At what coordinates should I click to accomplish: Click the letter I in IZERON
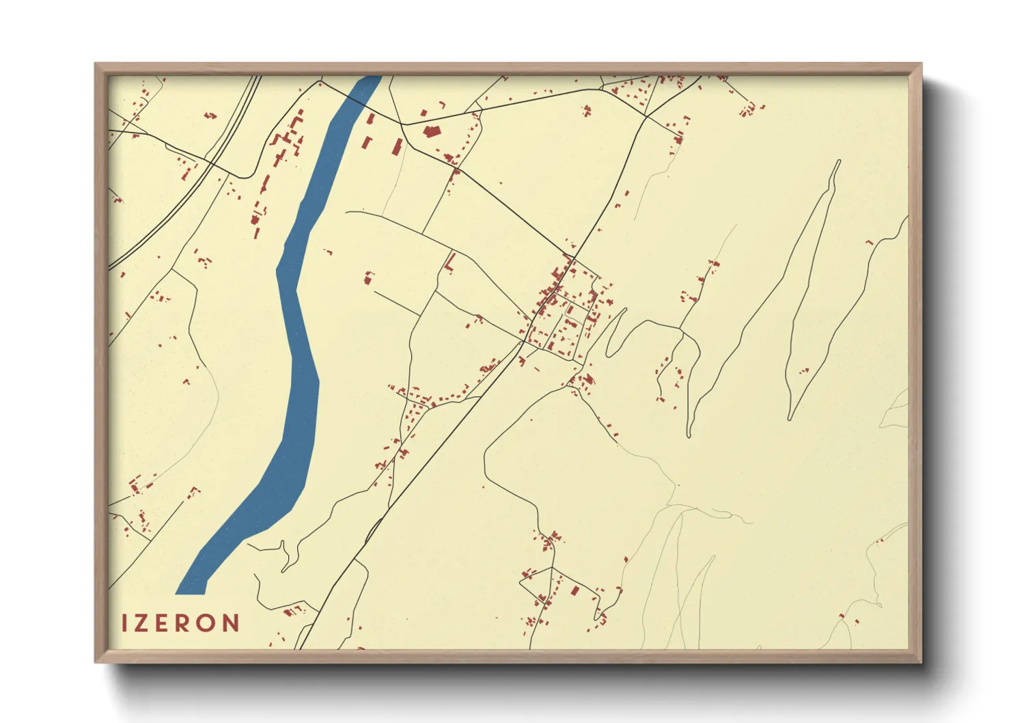(125, 623)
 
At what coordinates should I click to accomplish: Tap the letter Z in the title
(142, 623)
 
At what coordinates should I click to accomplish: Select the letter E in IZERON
(163, 623)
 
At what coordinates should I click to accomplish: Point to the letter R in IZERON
(184, 623)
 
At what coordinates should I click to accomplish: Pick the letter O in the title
(208, 623)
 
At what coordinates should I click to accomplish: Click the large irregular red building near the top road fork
(430, 131)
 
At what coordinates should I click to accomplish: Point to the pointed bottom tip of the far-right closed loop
(790, 418)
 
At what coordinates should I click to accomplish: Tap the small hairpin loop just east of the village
(615, 331)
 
